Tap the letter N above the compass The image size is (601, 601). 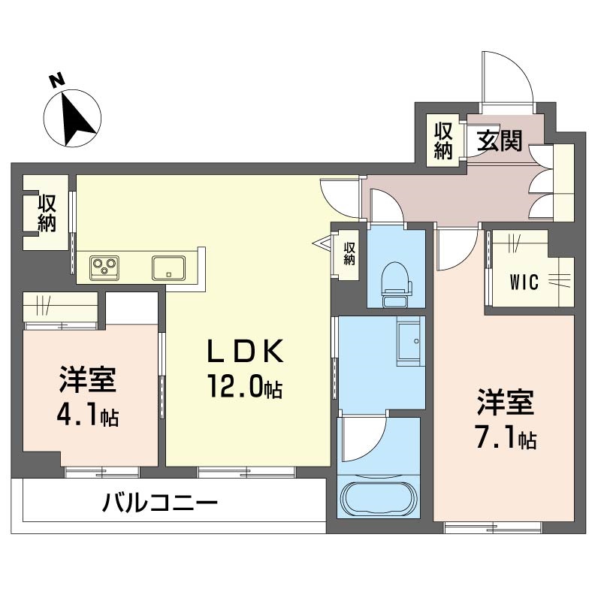coord(57,80)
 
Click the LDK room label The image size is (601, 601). coord(246,351)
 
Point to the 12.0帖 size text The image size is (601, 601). coord(246,386)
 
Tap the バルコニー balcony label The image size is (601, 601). coord(160,503)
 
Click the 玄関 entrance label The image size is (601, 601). coord(500,140)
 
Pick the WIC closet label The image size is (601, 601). coord(524,282)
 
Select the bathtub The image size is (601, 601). coord(379,498)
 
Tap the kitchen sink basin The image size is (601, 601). coord(168,267)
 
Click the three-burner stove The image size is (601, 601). coord(104,267)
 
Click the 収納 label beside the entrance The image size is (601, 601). coord(443,140)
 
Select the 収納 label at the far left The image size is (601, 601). coord(47,213)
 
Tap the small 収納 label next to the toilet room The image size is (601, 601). coord(349,253)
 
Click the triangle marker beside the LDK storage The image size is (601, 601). coord(322,243)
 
